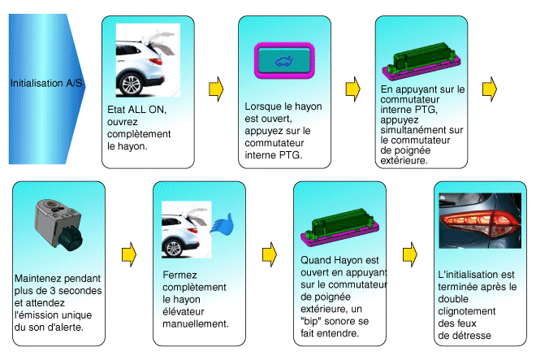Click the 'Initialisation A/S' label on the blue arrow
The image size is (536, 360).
(47, 83)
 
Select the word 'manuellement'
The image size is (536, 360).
(195, 323)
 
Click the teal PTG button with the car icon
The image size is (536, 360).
(282, 61)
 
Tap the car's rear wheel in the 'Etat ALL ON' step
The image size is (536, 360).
(131, 83)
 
